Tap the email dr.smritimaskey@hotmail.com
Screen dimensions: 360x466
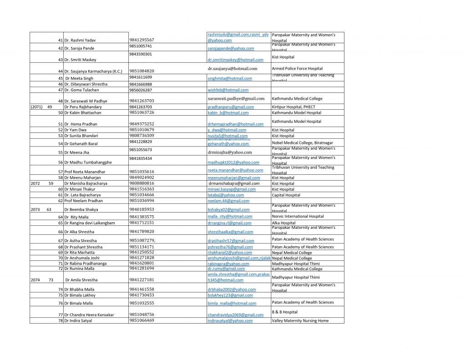click(235, 60)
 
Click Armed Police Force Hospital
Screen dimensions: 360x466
click(297, 69)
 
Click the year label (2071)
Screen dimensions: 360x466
click(36, 107)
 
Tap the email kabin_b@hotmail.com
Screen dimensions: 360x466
click(228, 112)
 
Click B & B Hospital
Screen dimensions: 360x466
click(284, 312)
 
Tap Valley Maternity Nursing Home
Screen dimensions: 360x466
click(300, 320)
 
